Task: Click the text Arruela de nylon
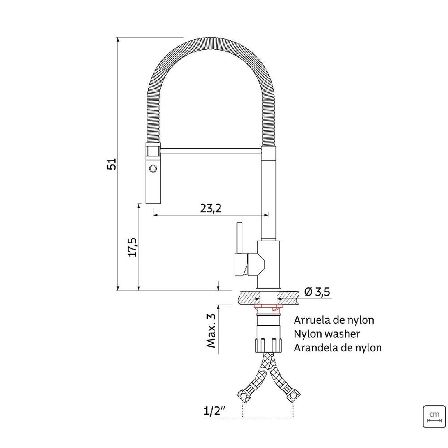point(334,320)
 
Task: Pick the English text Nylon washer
point(327,334)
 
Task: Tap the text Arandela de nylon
point(338,348)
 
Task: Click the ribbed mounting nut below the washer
point(268,343)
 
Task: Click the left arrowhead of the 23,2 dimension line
point(155,215)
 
